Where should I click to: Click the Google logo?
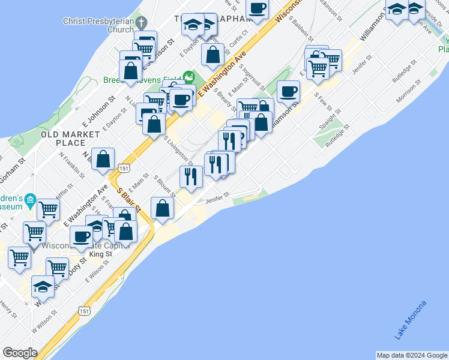tap(20, 353)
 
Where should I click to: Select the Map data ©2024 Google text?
tap(412, 355)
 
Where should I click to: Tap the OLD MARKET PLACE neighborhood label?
tap(63, 139)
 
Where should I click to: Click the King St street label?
tap(100, 254)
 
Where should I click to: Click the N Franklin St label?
tap(73, 165)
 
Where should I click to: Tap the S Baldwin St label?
tap(298, 27)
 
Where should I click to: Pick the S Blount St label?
tap(163, 186)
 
